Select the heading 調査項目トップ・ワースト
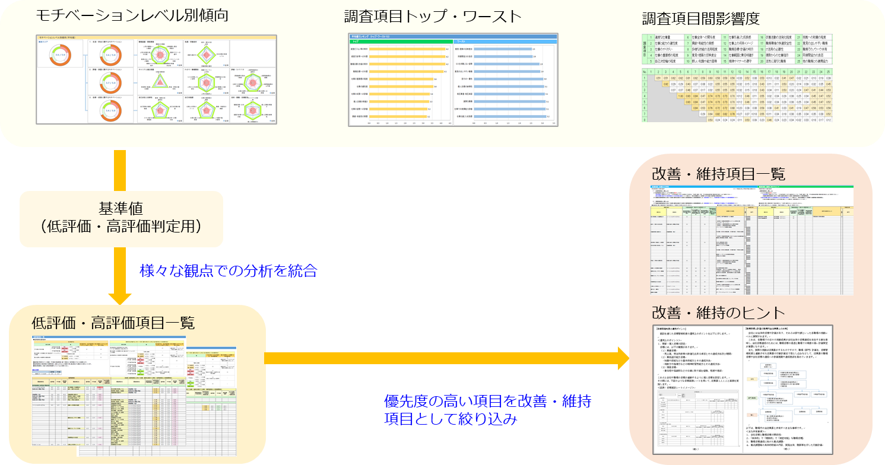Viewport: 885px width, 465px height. pos(433,17)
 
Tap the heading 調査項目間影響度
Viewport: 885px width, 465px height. pos(700,19)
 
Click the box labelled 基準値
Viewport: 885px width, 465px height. pos(122,219)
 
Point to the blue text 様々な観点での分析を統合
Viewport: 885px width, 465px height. pos(229,271)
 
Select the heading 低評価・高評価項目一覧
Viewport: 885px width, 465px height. pos(113,323)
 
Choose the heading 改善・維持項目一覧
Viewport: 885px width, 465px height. pos(719,174)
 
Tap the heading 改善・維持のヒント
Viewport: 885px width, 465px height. pos(718,313)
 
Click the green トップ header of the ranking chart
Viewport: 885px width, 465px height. pos(401,42)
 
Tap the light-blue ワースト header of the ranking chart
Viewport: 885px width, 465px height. pos(505,42)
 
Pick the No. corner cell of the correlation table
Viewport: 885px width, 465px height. pos(645,71)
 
